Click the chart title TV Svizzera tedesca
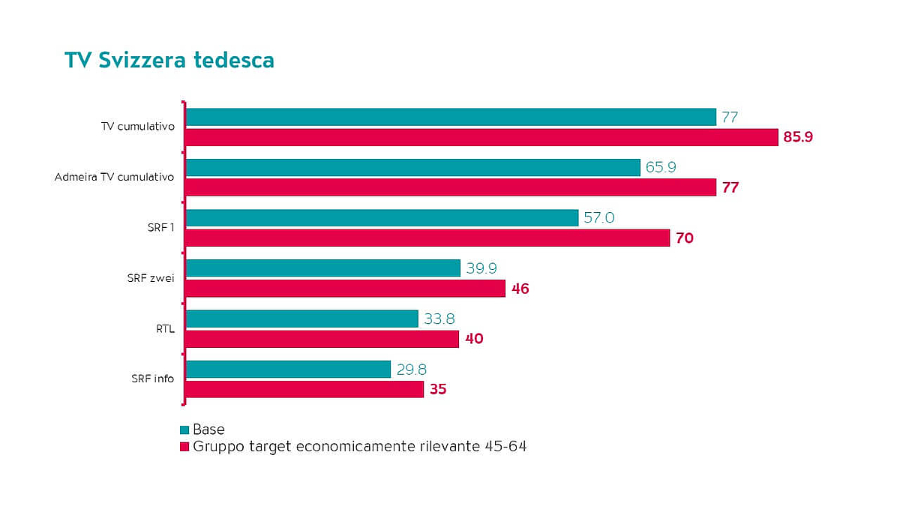coord(169,60)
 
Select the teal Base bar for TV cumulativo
coord(451,117)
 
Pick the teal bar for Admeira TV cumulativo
coord(412,167)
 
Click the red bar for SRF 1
coord(427,238)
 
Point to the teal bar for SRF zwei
coord(322,268)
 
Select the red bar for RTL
coord(322,339)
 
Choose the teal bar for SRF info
coord(288,369)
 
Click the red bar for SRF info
coord(304,389)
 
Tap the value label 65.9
coord(661,167)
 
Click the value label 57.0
coord(599,218)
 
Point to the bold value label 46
coord(520,289)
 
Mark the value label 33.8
coord(439,319)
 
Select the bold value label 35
coord(438,390)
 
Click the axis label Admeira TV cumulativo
coord(114,178)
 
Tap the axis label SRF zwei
coord(150,279)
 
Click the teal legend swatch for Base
coord(184,430)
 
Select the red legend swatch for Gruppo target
coord(184,448)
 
